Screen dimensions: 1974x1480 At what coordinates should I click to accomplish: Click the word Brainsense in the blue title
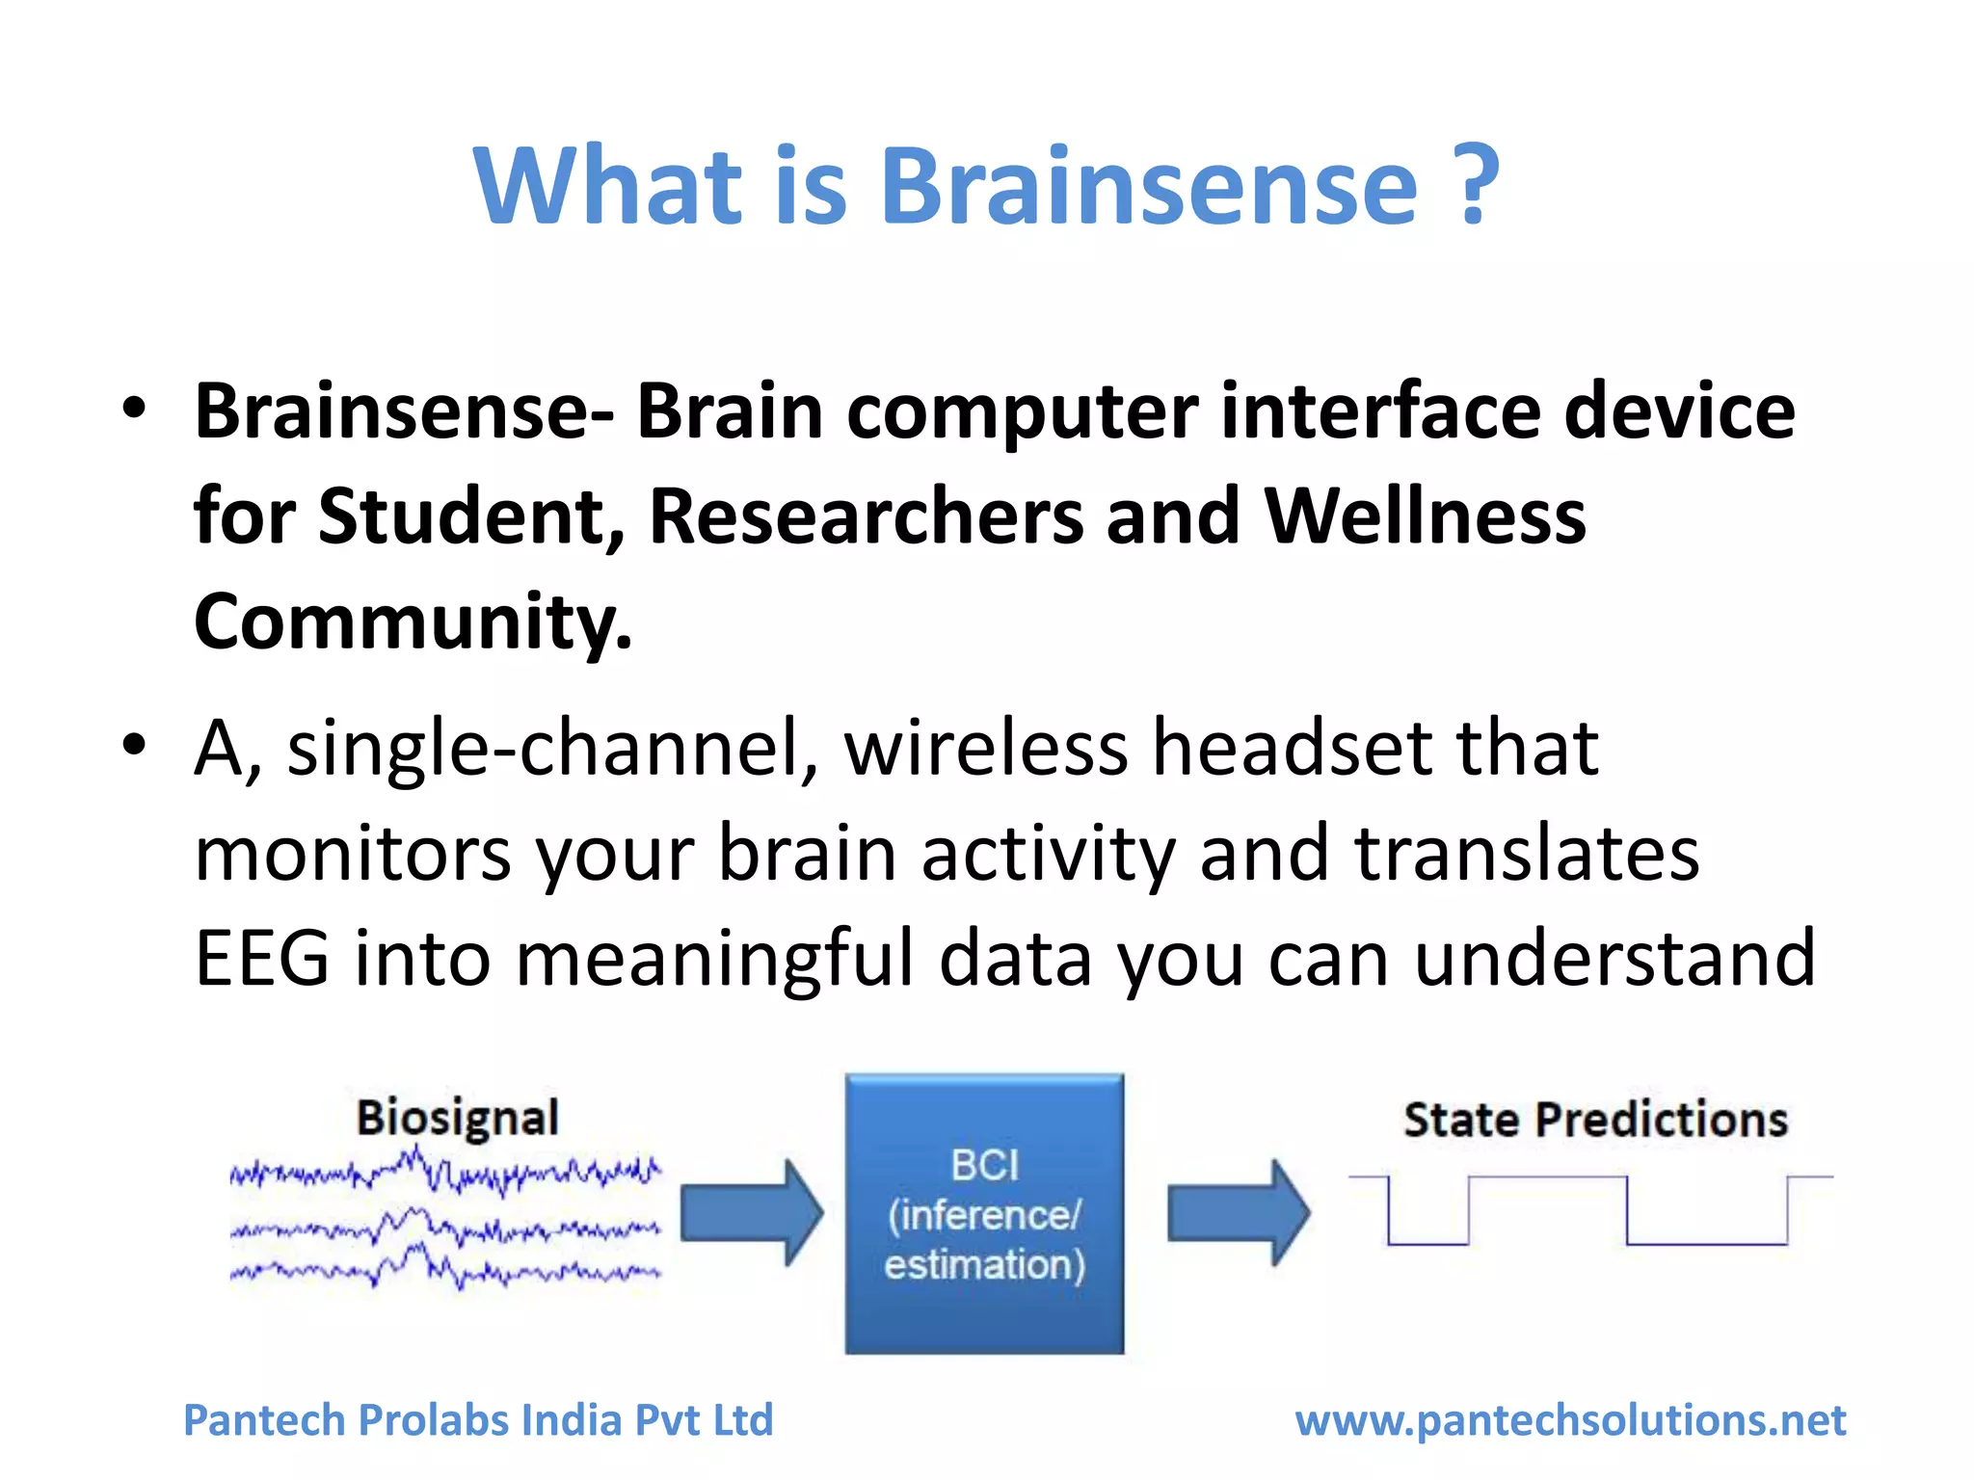(x=1149, y=185)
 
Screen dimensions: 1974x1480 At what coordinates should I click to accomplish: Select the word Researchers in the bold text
(x=866, y=516)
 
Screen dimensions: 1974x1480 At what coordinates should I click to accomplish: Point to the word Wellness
(x=1425, y=516)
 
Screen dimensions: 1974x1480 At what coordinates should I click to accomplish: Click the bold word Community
(x=413, y=622)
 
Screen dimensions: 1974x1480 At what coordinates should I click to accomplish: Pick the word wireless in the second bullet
(x=985, y=748)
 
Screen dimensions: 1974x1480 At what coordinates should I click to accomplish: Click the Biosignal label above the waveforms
(x=458, y=1120)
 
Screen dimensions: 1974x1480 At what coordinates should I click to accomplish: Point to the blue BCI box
(x=984, y=1214)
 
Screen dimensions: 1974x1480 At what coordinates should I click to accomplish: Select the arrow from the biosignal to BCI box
(x=752, y=1212)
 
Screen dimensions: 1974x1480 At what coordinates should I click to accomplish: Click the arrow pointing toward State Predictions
(x=1239, y=1212)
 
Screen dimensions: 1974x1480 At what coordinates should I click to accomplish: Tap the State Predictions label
(x=1595, y=1121)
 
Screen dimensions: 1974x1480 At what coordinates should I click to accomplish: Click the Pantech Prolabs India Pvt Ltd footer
(x=478, y=1420)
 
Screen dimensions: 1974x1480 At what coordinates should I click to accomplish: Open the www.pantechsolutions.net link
(x=1570, y=1420)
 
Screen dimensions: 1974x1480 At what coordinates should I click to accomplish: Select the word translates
(x=1527, y=854)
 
